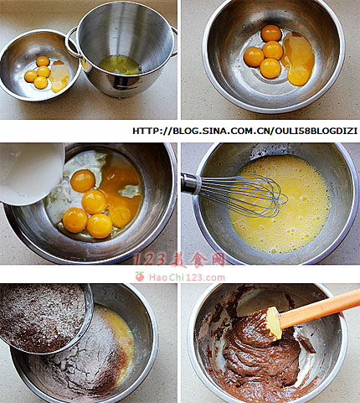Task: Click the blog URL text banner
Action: [x=244, y=131]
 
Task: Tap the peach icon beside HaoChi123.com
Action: [x=140, y=276]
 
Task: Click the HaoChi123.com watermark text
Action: [x=187, y=277]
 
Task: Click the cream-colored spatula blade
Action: [x=274, y=323]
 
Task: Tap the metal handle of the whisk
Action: [x=191, y=183]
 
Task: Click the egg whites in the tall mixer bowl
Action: [x=121, y=65]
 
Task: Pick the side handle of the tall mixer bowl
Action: [x=71, y=42]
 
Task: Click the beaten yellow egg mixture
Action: [x=279, y=204]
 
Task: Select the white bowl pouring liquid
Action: [x=31, y=173]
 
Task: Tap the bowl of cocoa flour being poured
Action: [x=44, y=317]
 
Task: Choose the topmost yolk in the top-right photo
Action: [x=271, y=33]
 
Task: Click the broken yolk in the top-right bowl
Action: [x=298, y=59]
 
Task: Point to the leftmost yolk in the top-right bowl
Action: [x=254, y=57]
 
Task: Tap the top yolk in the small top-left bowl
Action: [x=43, y=61]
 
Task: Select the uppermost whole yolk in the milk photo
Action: [x=83, y=181]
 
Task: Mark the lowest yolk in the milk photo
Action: [x=100, y=225]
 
